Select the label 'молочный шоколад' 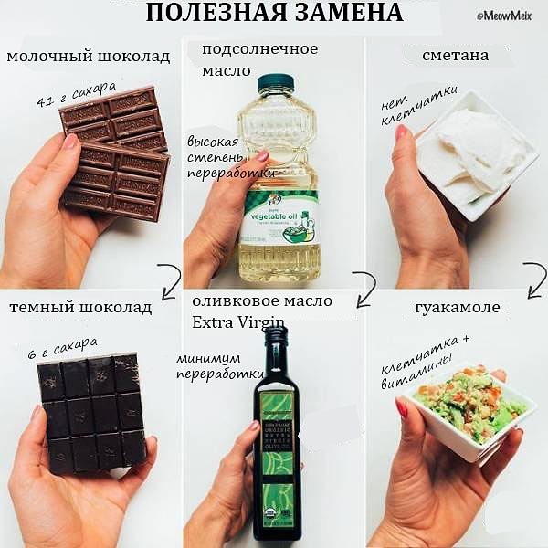click(x=88, y=57)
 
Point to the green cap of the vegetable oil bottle click(x=276, y=82)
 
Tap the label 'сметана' click(x=455, y=56)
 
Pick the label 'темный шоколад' click(x=80, y=308)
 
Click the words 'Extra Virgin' click(x=238, y=321)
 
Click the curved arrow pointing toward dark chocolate click(x=169, y=279)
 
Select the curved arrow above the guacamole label click(x=534, y=278)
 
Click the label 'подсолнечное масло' click(x=259, y=58)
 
